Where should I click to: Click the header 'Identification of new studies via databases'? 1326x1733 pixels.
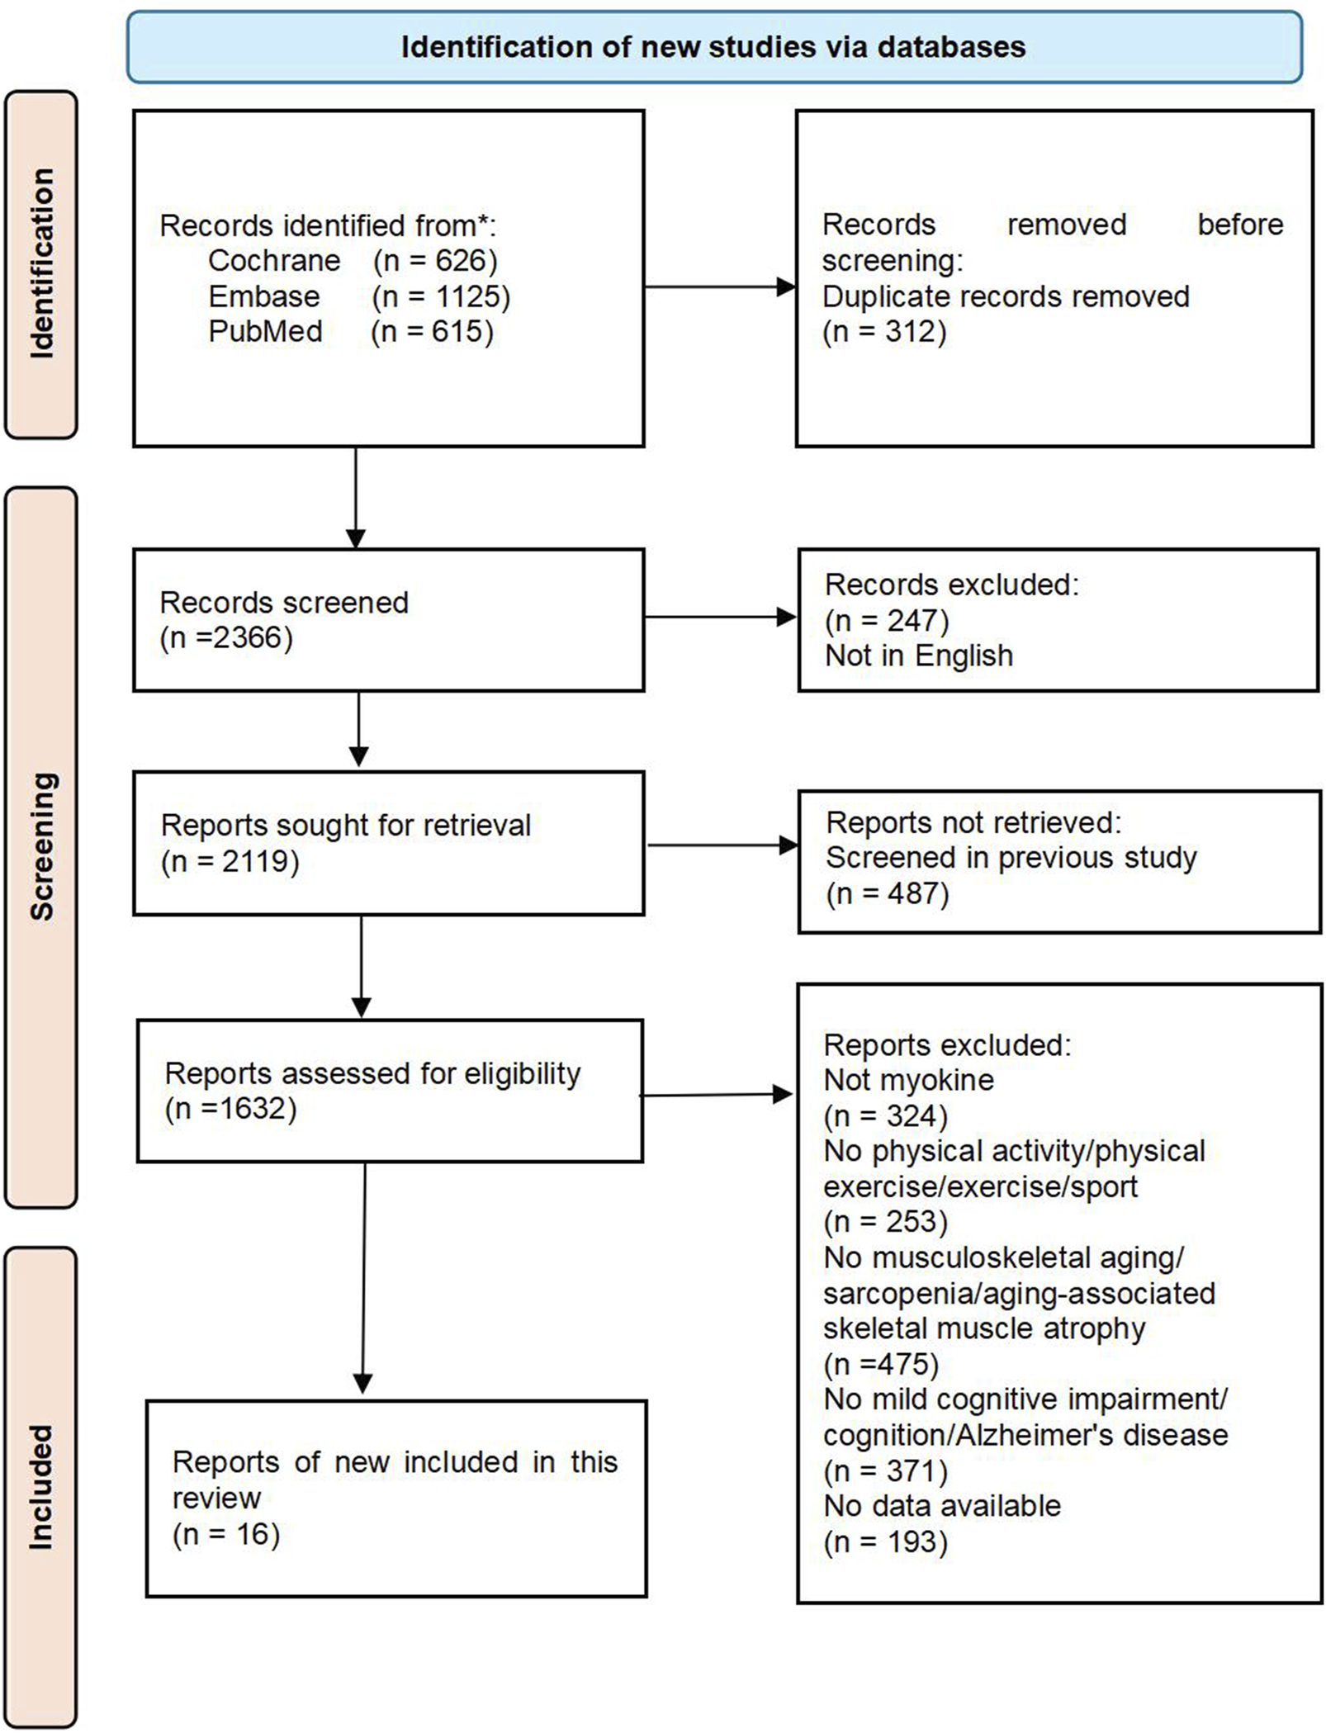(x=713, y=47)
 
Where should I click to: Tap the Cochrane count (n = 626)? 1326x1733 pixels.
(x=435, y=261)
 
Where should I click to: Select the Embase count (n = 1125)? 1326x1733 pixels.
(x=441, y=296)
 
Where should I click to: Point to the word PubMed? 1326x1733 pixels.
(x=265, y=331)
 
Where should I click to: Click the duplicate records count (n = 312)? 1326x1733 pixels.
(x=884, y=332)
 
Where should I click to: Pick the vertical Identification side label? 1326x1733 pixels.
(x=41, y=264)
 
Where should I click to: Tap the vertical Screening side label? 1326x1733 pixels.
(x=41, y=846)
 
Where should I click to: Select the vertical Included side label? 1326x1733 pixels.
(x=41, y=1486)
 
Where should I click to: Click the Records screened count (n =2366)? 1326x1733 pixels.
(x=226, y=638)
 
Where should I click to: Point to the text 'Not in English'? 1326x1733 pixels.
(x=918, y=656)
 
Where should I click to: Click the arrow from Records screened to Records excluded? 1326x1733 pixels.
(x=718, y=617)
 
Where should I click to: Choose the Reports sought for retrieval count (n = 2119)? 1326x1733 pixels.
(x=230, y=861)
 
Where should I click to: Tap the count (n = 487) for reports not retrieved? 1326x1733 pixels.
(x=888, y=893)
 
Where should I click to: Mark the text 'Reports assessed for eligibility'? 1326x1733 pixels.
(x=372, y=1073)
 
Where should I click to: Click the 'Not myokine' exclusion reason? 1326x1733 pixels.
(x=908, y=1080)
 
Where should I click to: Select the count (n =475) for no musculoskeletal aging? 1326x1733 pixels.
(x=881, y=1364)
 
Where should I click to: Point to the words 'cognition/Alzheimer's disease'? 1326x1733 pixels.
(x=1025, y=1435)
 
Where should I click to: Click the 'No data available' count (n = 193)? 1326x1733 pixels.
(x=885, y=1541)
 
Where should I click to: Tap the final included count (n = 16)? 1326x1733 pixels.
(x=226, y=1534)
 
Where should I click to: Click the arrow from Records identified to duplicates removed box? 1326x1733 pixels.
(x=718, y=287)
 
